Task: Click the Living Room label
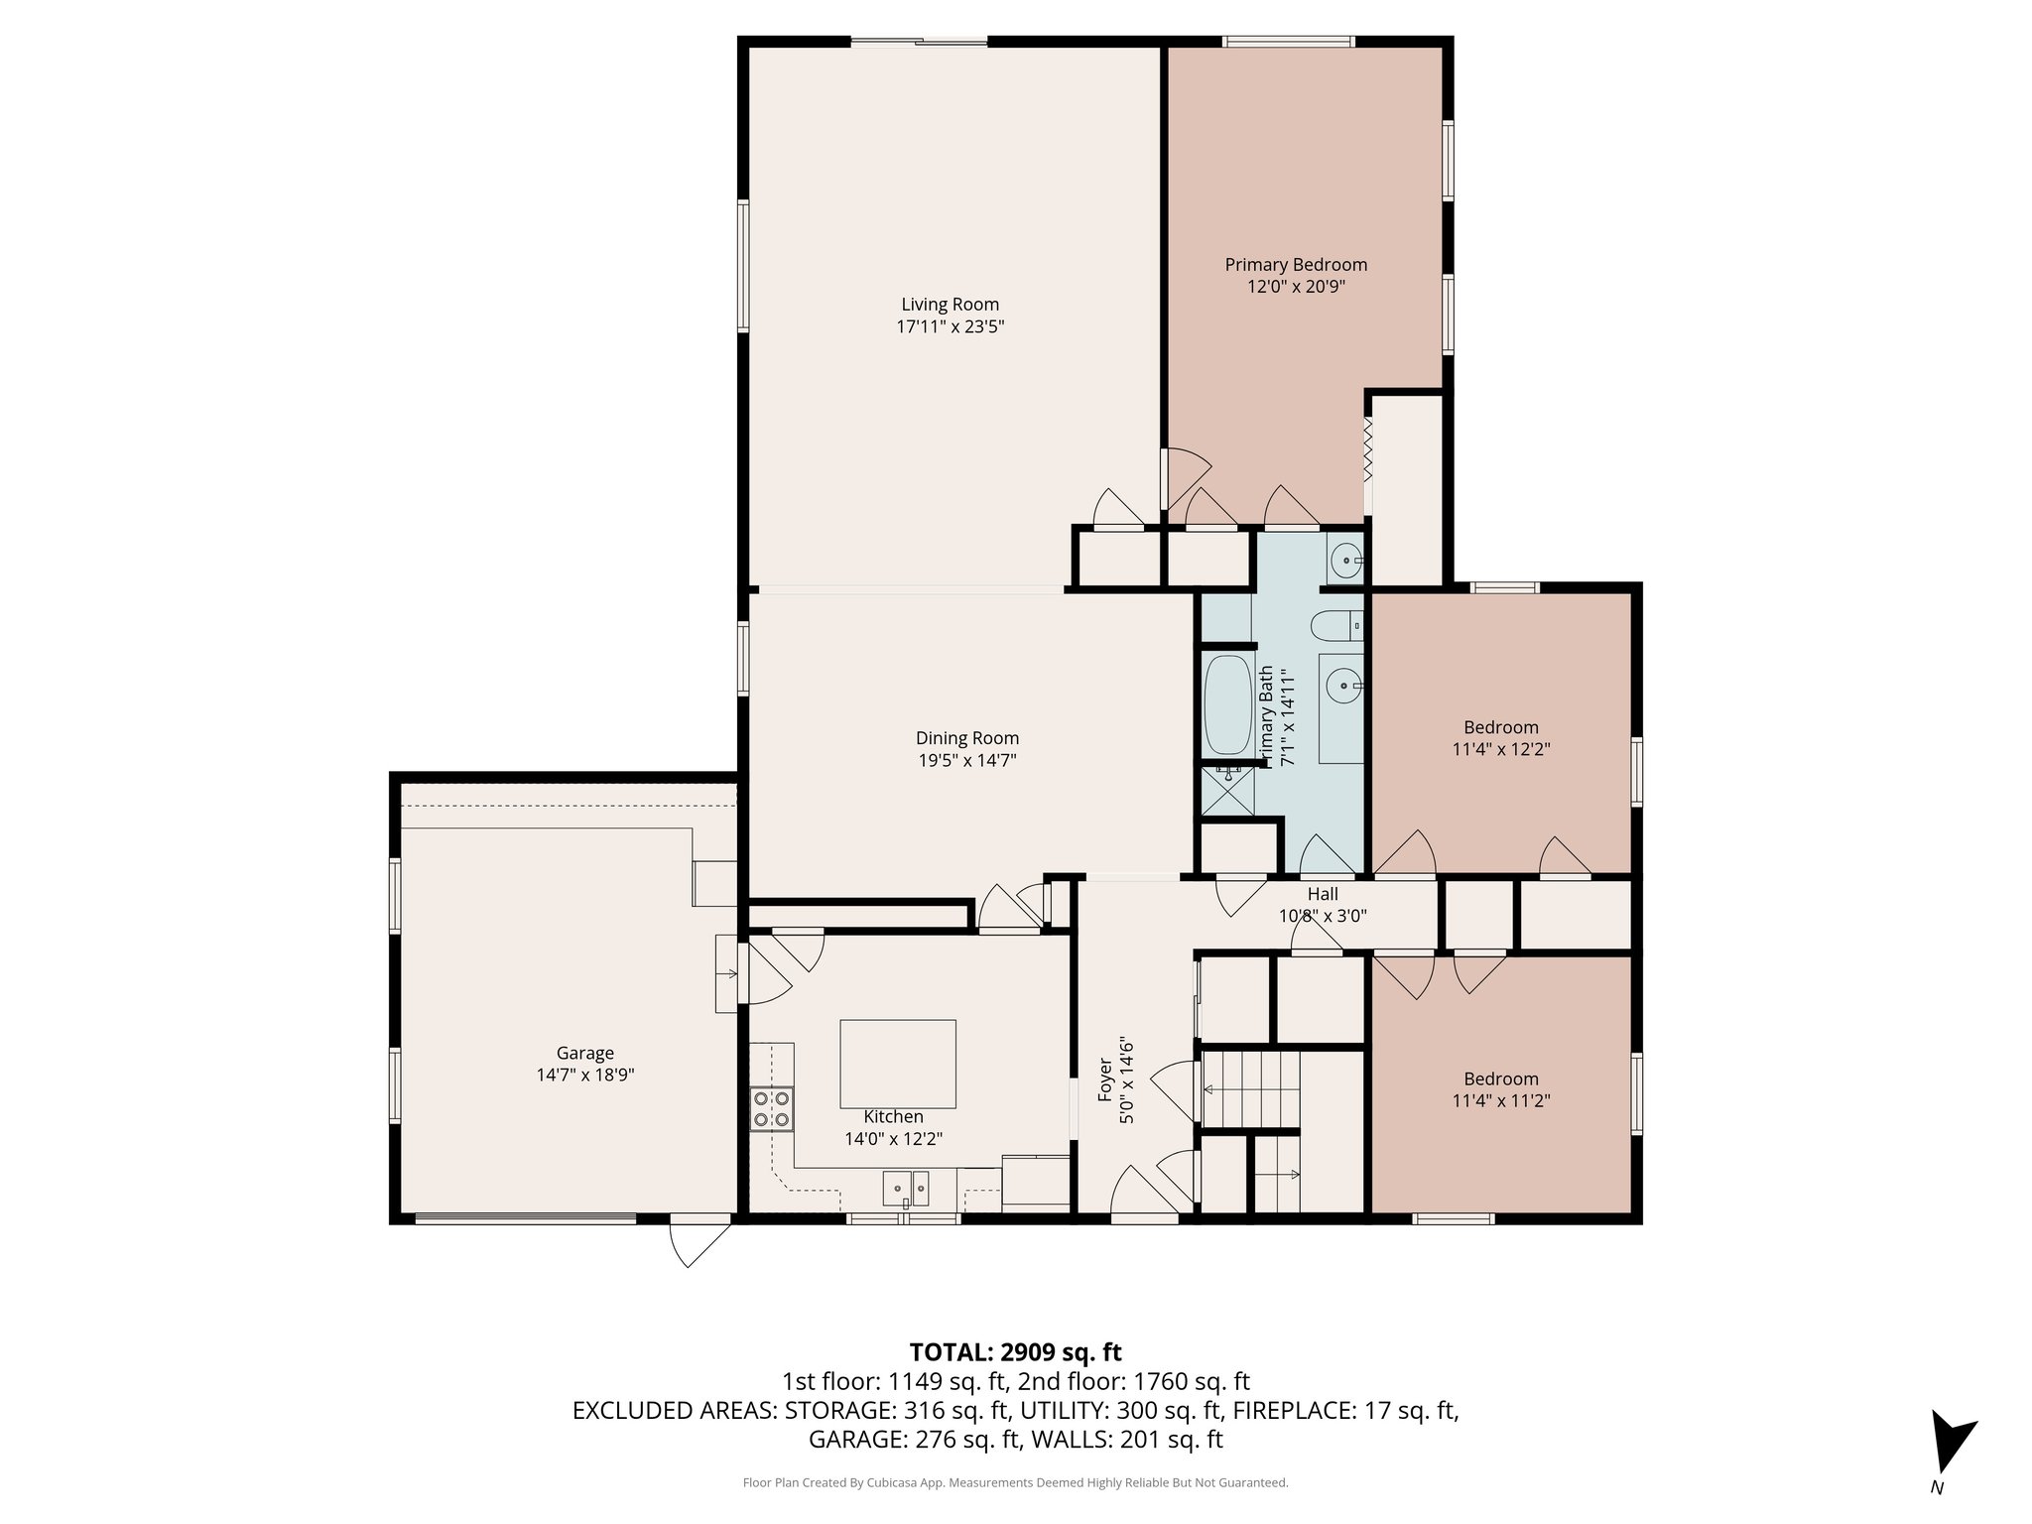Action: click(x=950, y=305)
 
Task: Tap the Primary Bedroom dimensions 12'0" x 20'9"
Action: click(x=1296, y=287)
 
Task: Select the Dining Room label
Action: click(x=966, y=738)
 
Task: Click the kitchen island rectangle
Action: click(x=898, y=1064)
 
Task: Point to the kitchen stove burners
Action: click(x=772, y=1108)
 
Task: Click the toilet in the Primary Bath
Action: click(x=1335, y=626)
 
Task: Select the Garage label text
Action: click(x=584, y=1053)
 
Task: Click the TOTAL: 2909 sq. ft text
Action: click(x=1015, y=1351)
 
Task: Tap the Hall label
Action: click(x=1322, y=894)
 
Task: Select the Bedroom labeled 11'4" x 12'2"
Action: click(x=1500, y=727)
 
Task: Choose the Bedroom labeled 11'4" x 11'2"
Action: click(x=1500, y=1079)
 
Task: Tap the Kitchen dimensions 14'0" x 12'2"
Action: click(x=893, y=1139)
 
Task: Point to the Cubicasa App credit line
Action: click(x=1015, y=1482)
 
